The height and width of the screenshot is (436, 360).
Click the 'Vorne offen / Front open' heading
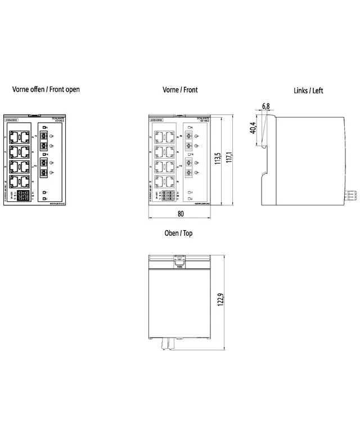click(46, 89)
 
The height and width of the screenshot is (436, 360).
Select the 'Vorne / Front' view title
click(180, 89)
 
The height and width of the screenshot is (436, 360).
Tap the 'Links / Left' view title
click(308, 91)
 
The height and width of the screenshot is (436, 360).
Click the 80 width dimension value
click(180, 214)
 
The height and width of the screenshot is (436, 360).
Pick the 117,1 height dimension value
click(229, 161)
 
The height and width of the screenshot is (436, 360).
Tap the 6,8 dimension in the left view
click(265, 106)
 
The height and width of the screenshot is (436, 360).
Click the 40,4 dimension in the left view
click(253, 128)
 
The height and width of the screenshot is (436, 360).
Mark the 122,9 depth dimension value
click(220, 298)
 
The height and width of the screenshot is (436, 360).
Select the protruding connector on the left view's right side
click(349, 195)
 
